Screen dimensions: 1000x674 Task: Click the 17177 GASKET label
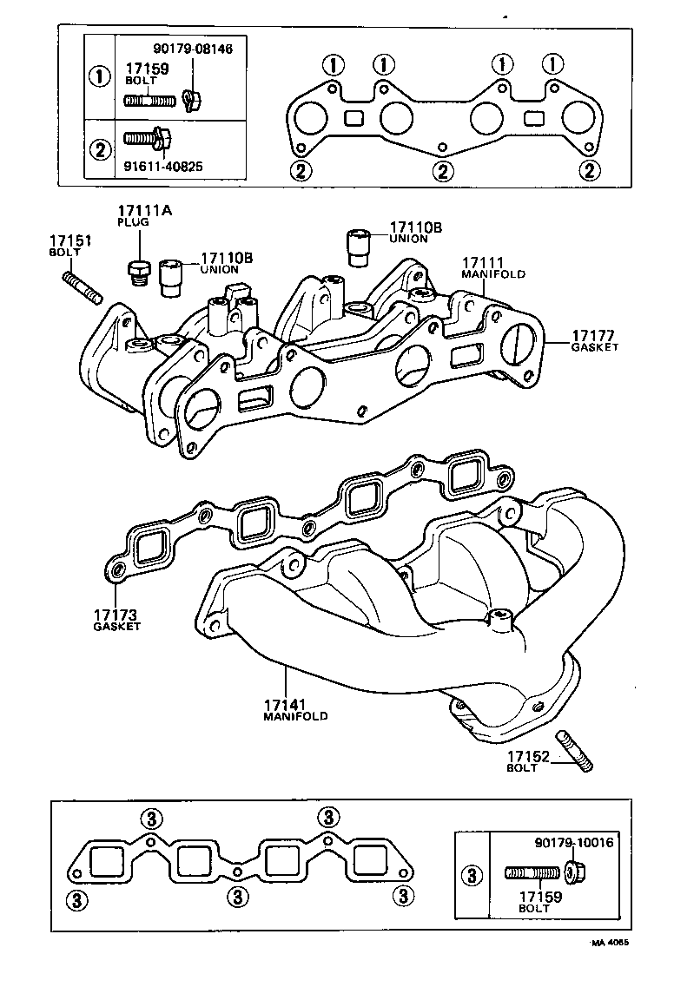594,340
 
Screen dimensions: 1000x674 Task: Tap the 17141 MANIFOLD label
294,709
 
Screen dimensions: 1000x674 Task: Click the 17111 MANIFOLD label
492,266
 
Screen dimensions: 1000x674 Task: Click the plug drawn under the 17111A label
135,272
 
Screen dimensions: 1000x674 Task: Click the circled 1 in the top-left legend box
101,75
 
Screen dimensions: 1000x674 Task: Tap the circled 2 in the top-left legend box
101,148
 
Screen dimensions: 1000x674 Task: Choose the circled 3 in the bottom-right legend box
472,876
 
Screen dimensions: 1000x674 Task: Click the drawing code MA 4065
610,943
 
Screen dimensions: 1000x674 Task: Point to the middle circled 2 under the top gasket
443,170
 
